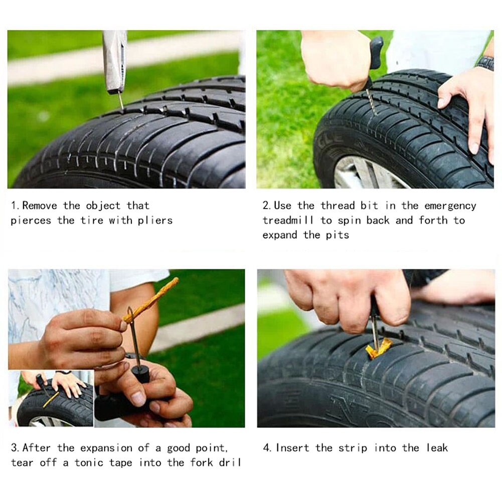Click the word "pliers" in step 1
pos(155,221)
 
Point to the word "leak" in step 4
pos(437,447)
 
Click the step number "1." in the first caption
pos(16,206)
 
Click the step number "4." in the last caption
pos(268,447)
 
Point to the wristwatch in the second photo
pos(485,63)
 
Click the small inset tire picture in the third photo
pos(51,399)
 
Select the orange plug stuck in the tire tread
pos(379,348)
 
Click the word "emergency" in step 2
pos(450,206)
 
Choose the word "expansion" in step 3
pos(107,447)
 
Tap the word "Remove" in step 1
pos(40,206)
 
